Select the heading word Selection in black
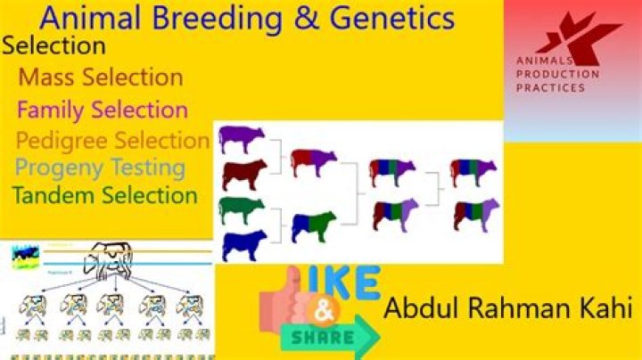point(54,45)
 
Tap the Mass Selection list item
point(101,77)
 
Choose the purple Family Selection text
point(103,110)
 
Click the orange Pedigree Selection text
point(112,141)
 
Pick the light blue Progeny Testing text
point(100,168)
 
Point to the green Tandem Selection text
point(105,196)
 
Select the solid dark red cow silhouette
point(243,174)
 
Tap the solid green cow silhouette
point(241,209)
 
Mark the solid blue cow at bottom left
point(243,244)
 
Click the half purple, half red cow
point(313,161)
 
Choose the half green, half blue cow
point(313,225)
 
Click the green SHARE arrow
point(329,336)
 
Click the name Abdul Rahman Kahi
point(509,310)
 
